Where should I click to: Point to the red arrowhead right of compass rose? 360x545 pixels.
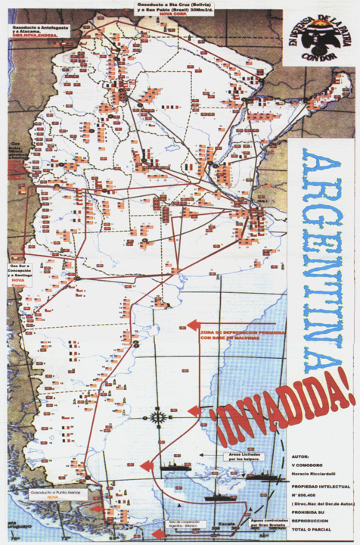pyautogui.click(x=194, y=413)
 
